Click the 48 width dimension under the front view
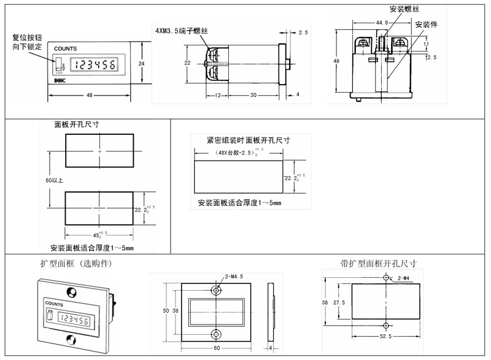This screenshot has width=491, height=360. pos(90,95)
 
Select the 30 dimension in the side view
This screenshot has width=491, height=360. pos(253,95)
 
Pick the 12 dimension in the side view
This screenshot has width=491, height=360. pos(218,95)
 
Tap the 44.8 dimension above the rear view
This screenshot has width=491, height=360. pos(382,23)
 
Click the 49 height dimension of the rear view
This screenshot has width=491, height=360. pos(336,61)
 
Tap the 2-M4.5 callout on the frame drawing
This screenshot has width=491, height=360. pos(234,277)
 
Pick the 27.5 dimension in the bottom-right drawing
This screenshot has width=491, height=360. pos(338,303)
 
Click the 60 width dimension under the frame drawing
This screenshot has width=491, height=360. pos(217,348)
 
